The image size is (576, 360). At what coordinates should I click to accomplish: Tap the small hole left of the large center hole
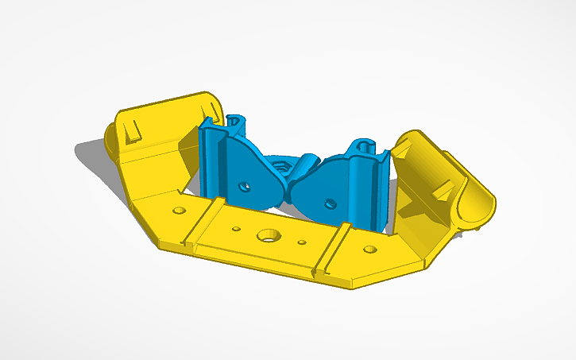click(236, 229)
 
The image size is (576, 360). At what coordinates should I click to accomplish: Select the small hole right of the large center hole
click(302, 242)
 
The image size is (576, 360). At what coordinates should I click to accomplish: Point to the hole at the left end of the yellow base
click(180, 211)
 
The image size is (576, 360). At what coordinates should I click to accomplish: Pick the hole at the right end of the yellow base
click(370, 250)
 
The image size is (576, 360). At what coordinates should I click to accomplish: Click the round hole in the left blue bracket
click(245, 188)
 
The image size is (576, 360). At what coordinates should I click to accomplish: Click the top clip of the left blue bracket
click(236, 121)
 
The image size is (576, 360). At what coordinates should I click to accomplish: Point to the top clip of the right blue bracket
click(364, 147)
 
